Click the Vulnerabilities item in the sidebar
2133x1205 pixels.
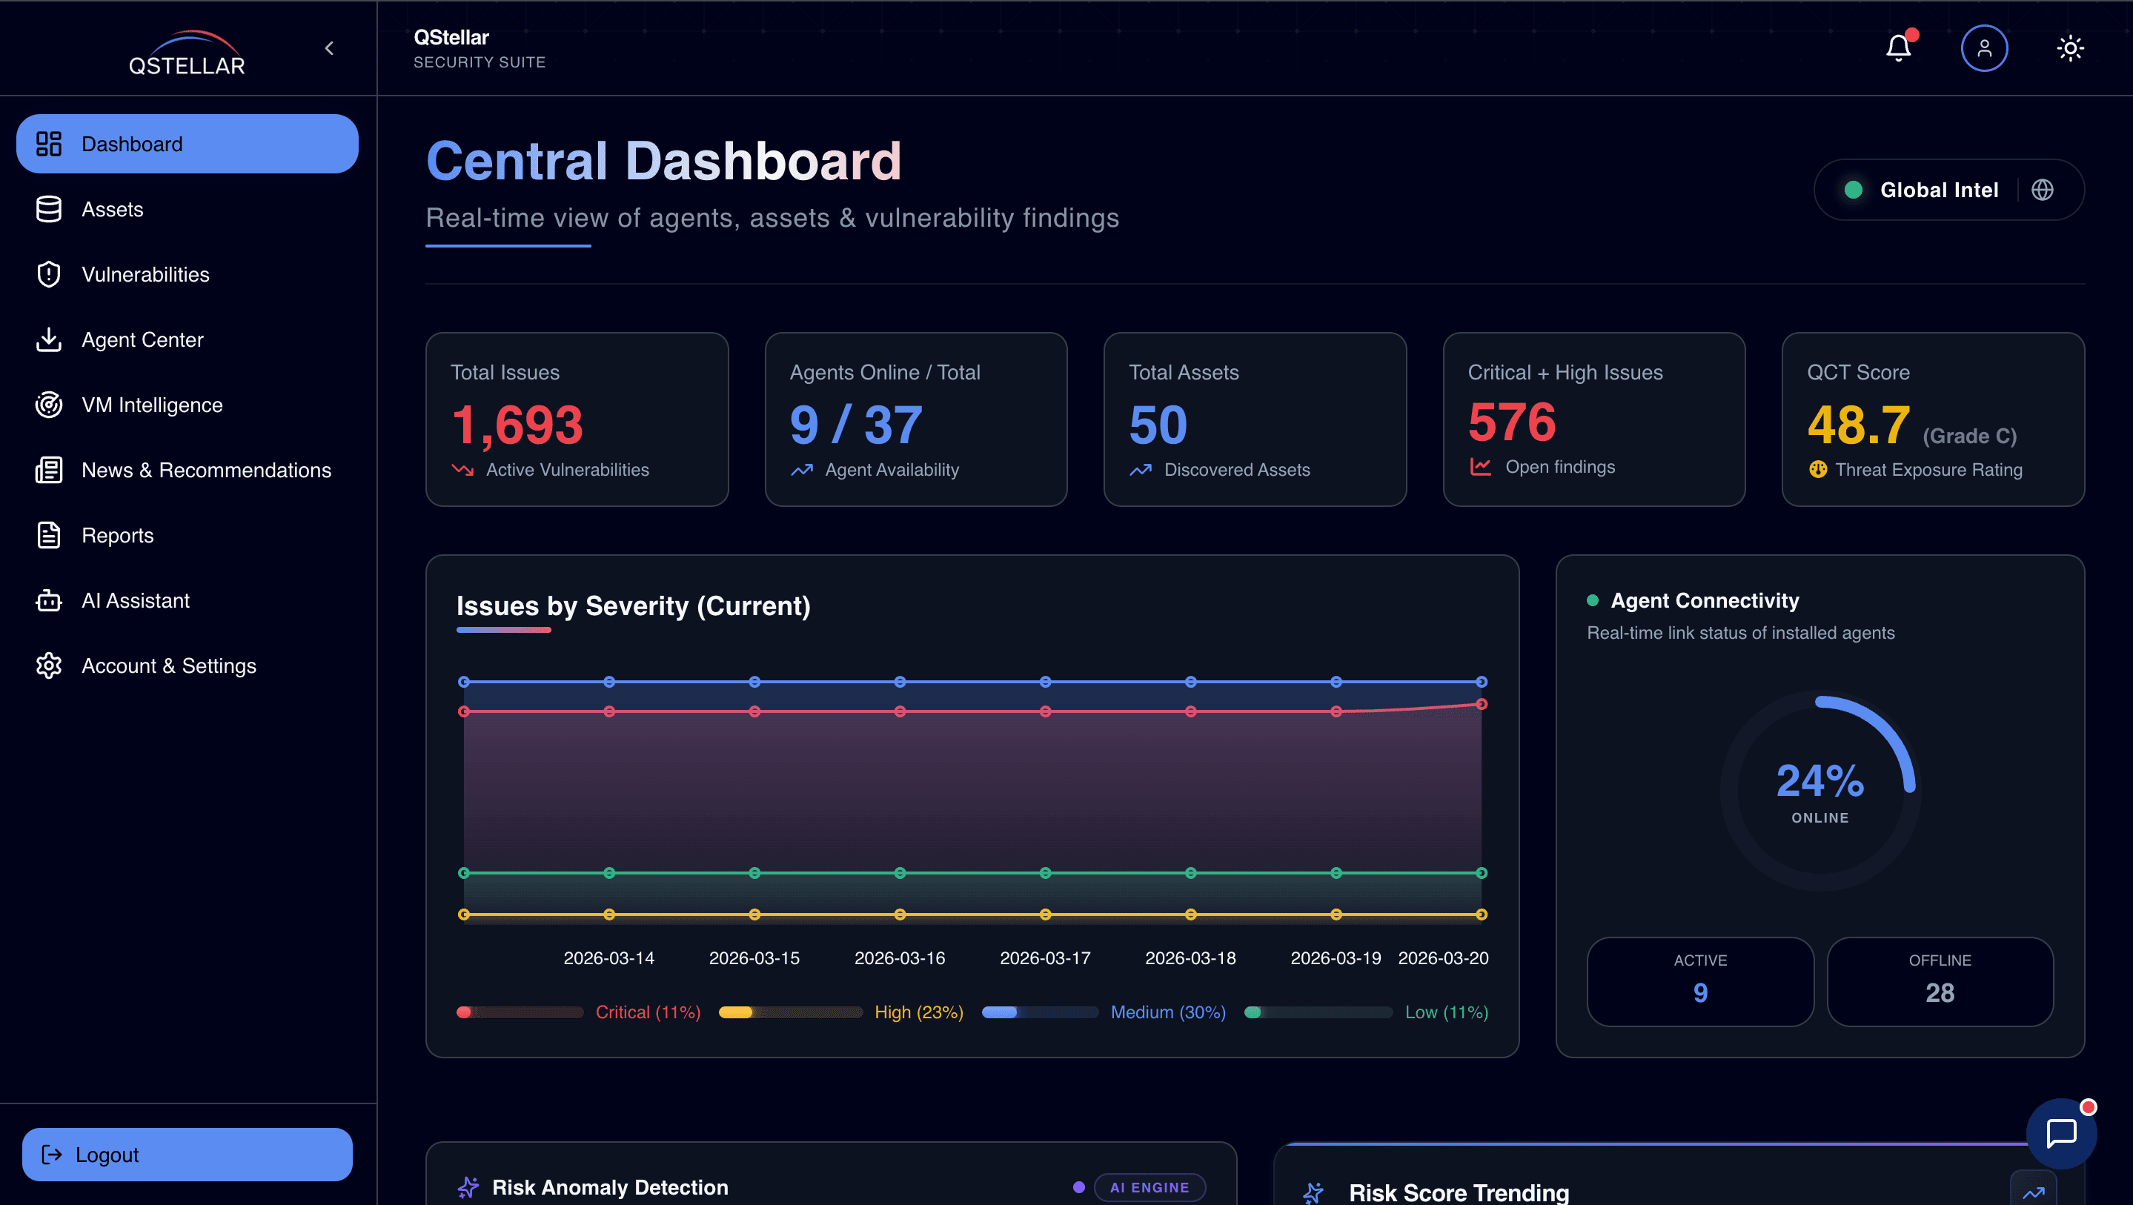(x=145, y=274)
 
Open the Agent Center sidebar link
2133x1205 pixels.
(x=142, y=339)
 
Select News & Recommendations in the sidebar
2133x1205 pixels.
(x=205, y=470)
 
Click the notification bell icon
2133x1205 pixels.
(x=1898, y=48)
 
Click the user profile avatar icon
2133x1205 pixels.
(x=1984, y=48)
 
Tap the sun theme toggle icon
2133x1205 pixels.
(x=2070, y=48)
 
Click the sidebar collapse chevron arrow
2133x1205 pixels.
(x=330, y=48)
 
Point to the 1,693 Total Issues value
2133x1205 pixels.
(x=517, y=425)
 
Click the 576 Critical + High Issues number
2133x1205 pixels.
(x=1511, y=422)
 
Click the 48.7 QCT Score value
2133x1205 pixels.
(x=1858, y=425)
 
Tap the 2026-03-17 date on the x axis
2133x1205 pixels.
(x=1045, y=958)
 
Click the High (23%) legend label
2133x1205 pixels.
(x=918, y=1012)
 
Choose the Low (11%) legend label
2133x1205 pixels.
(x=1446, y=1012)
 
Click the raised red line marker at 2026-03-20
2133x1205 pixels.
(x=1482, y=704)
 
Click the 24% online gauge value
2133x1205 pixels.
(x=1820, y=782)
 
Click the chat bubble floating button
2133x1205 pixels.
(x=2061, y=1133)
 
